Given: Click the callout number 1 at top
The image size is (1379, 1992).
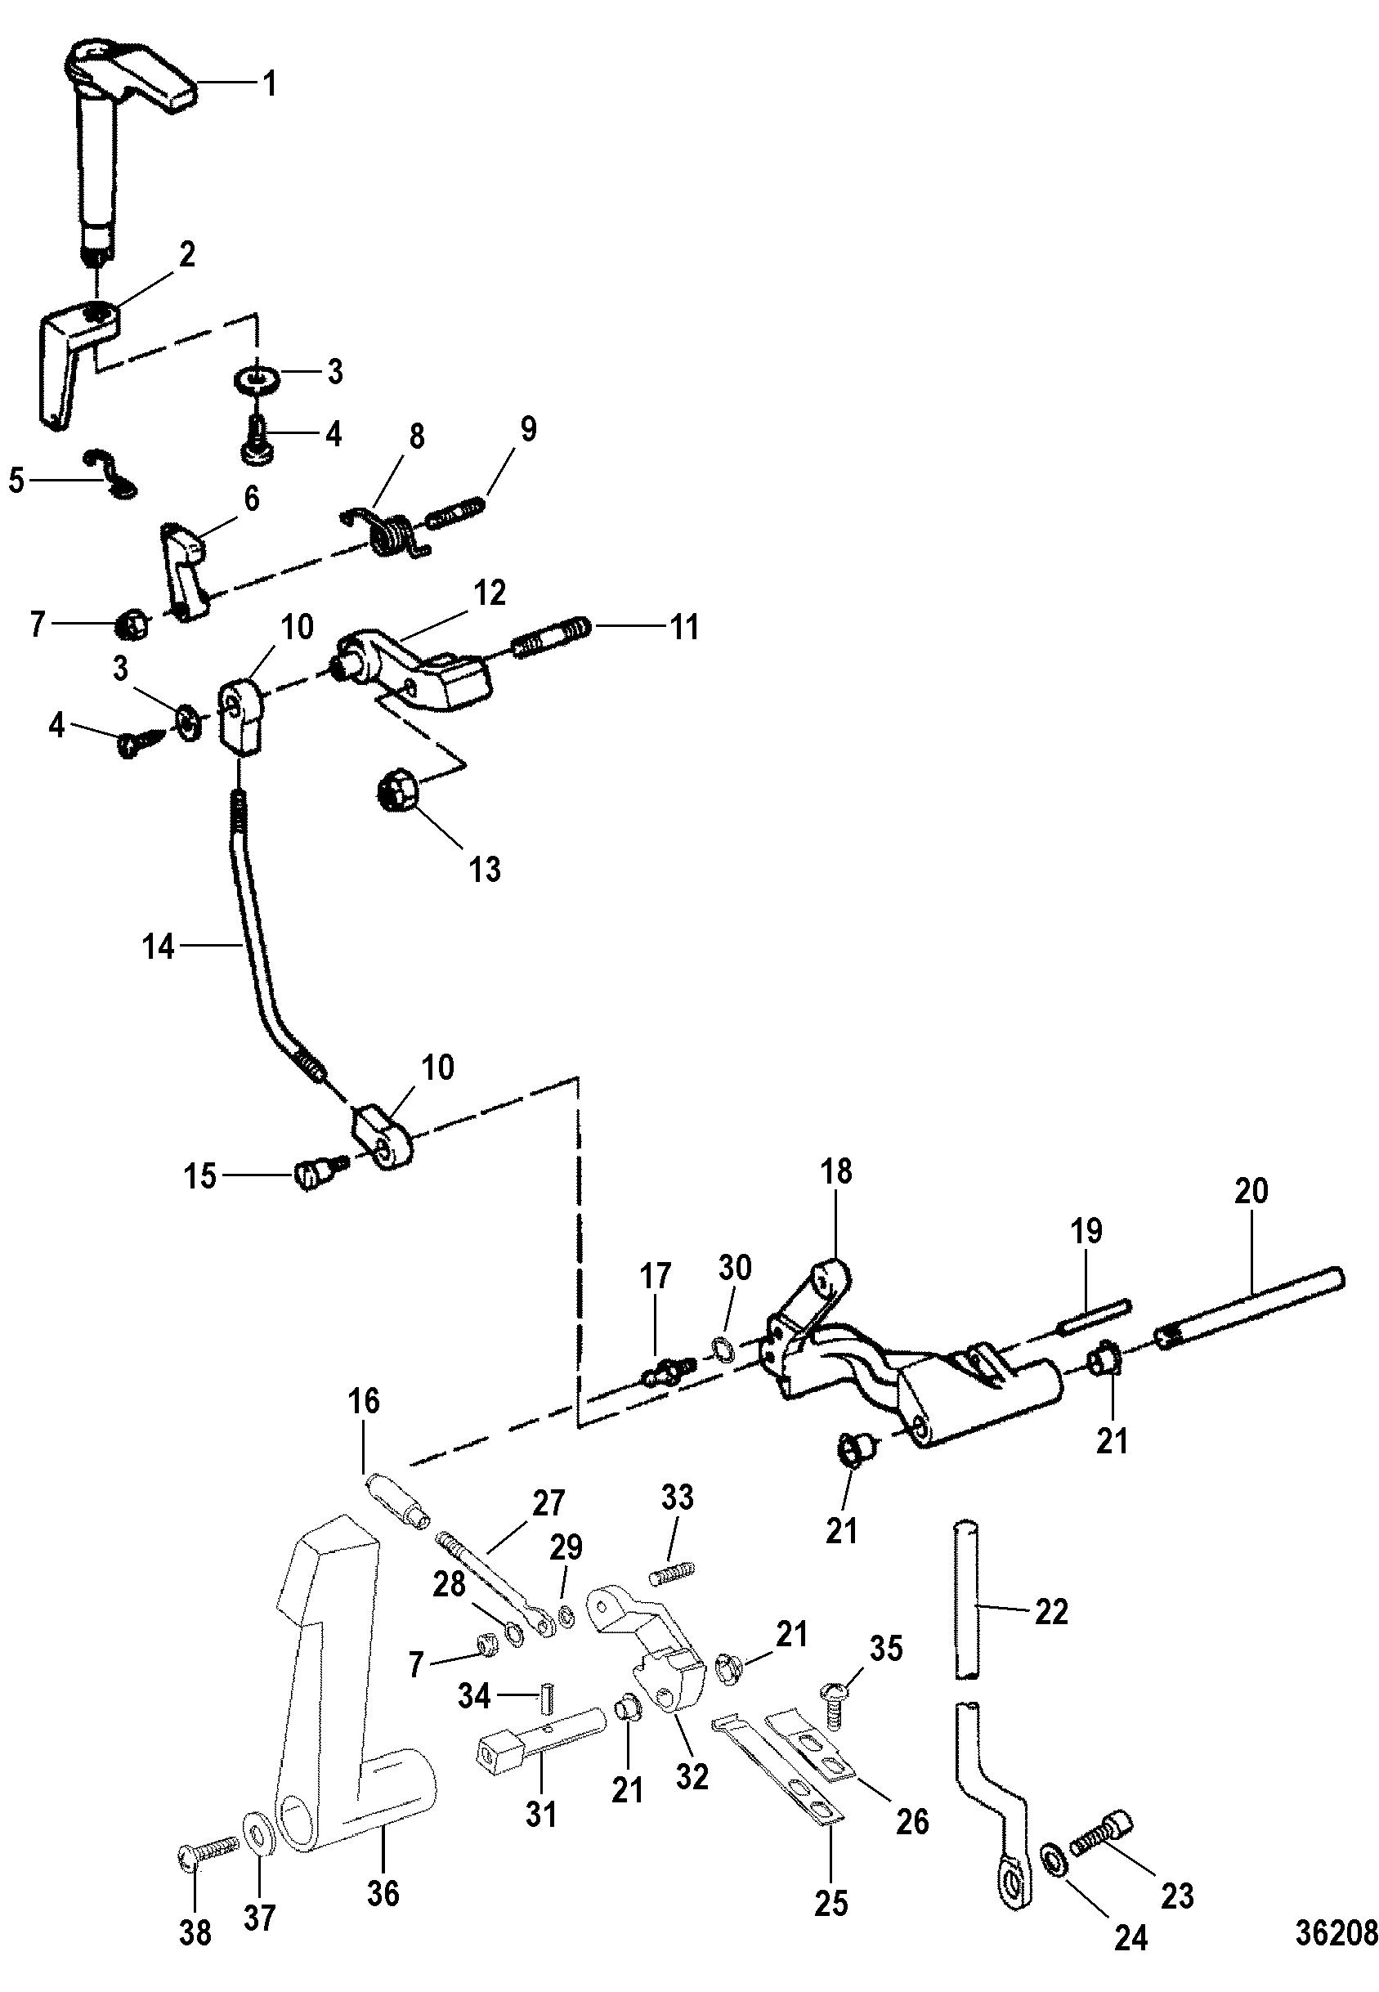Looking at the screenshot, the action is [270, 86].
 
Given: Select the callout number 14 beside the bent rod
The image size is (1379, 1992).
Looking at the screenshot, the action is [159, 948].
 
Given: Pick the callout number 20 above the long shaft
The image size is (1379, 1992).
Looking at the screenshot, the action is [1251, 1192].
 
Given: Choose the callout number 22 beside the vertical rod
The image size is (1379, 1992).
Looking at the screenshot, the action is [1050, 1613].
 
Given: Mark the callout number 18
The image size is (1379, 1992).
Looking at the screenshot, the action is [836, 1172].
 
